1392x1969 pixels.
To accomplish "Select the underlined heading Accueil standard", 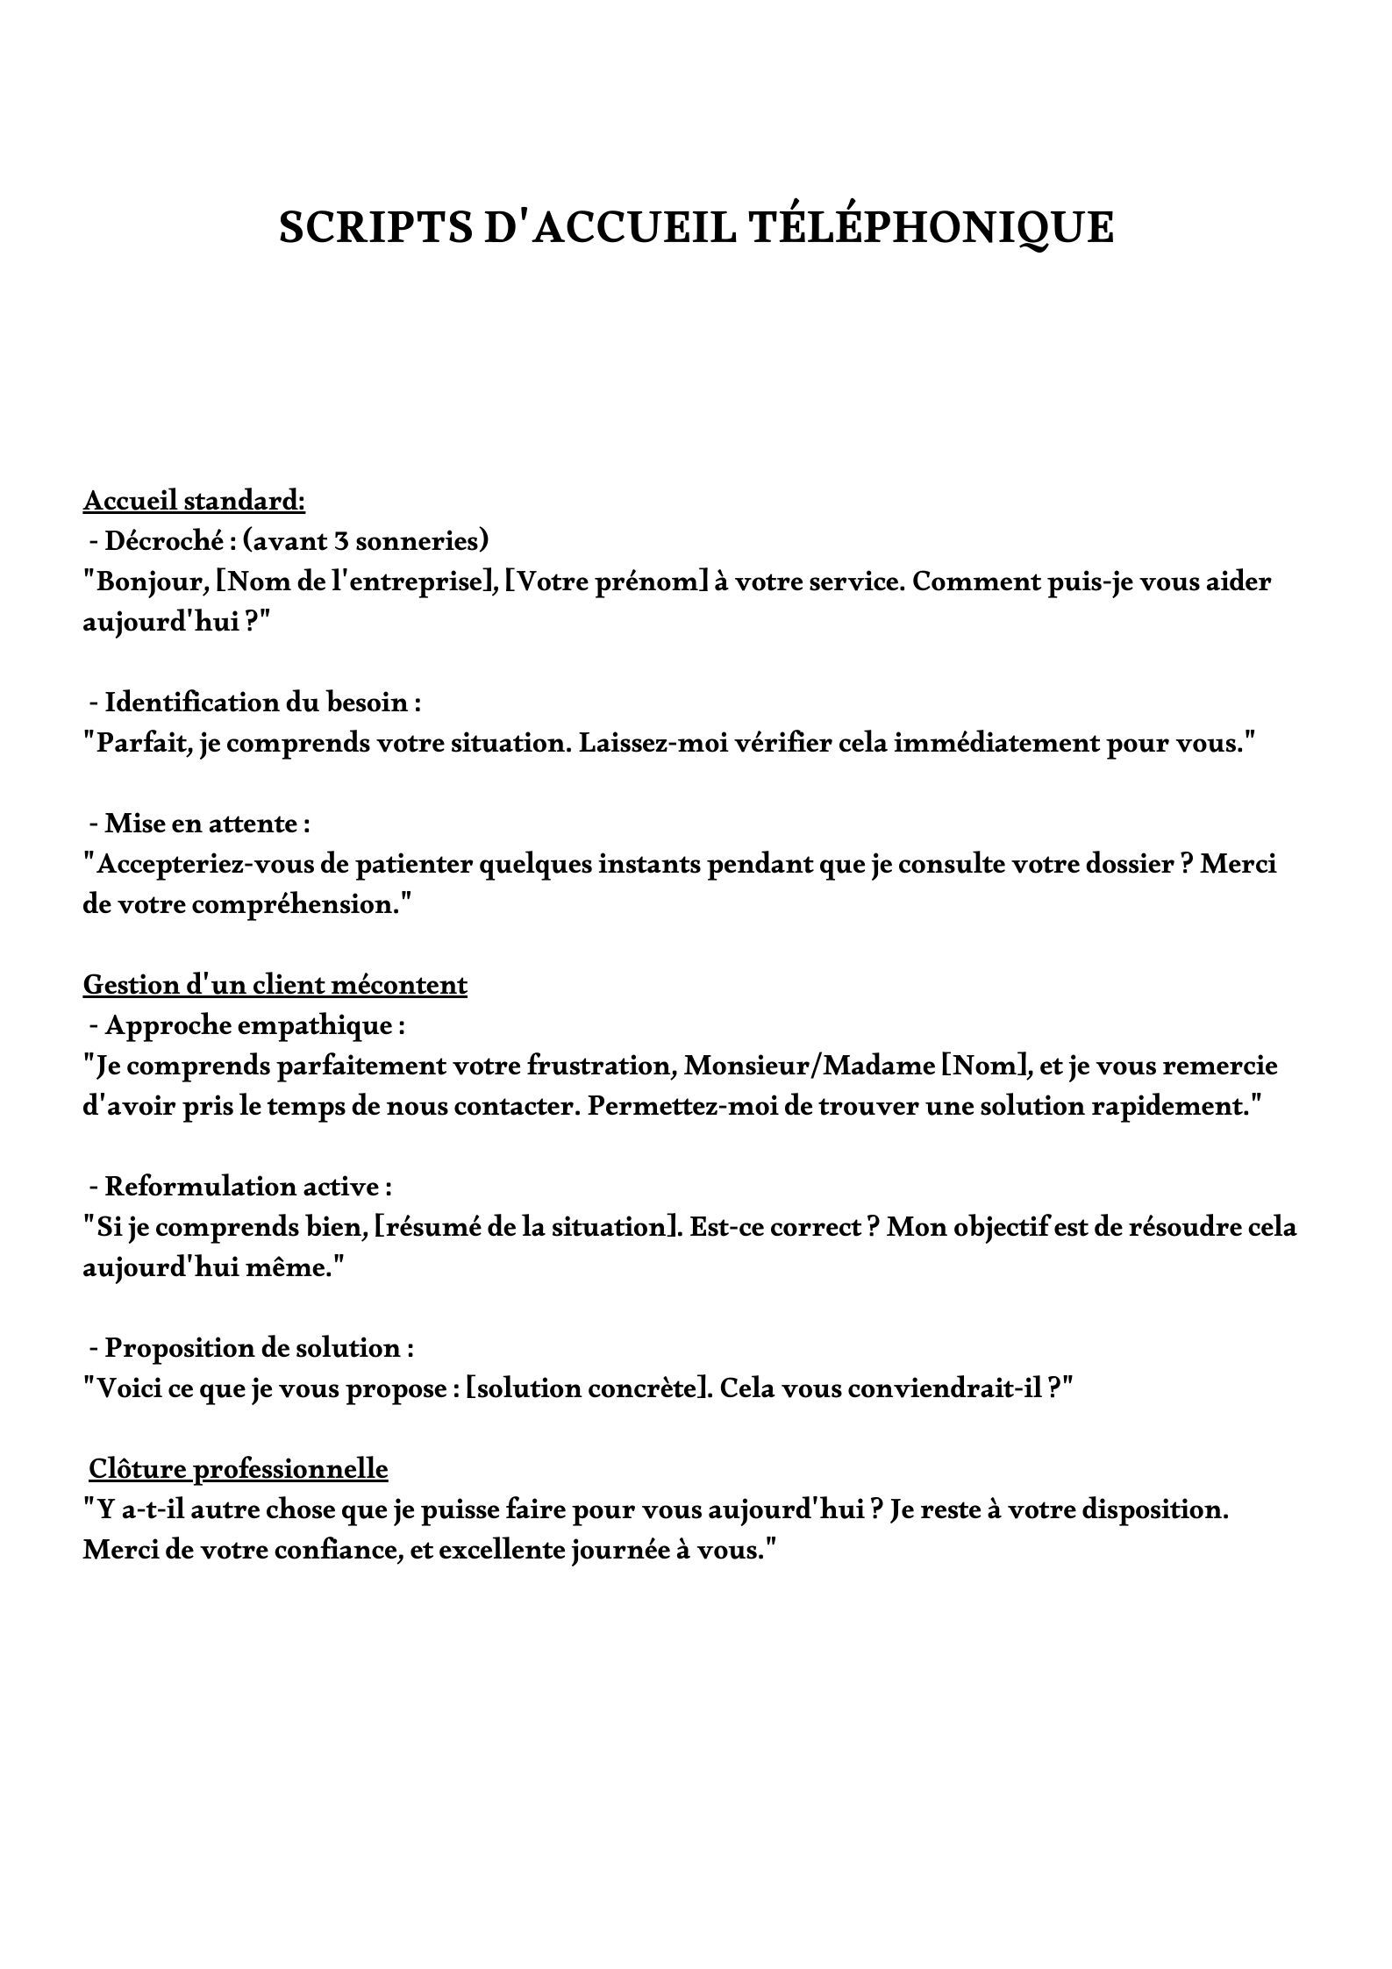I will click(194, 501).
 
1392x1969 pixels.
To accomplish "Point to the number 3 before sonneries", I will click(340, 541).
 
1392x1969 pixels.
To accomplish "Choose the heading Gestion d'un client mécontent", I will click(275, 985).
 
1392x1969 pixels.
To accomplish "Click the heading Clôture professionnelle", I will click(239, 1469).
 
